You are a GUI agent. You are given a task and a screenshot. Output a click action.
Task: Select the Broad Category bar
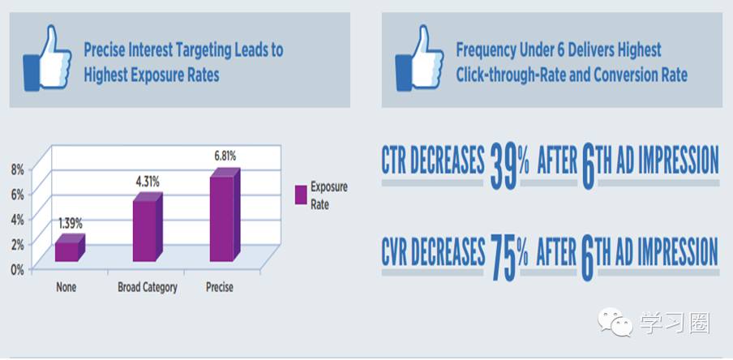click(x=148, y=227)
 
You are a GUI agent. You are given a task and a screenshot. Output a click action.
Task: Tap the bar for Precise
click(x=225, y=215)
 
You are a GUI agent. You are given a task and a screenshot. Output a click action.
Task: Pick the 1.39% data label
click(x=70, y=223)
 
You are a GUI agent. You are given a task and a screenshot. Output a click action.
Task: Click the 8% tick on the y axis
click(x=17, y=169)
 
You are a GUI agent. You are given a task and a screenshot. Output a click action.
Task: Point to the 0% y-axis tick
click(x=17, y=269)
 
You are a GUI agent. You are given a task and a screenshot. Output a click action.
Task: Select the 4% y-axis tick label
click(x=17, y=219)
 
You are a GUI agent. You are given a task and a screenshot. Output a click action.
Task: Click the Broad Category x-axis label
click(x=148, y=286)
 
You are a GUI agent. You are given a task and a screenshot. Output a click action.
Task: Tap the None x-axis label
click(x=66, y=286)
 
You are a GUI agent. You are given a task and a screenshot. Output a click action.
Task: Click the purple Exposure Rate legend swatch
click(x=301, y=195)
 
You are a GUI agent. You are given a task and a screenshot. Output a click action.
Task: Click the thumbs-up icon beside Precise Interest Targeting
click(x=47, y=58)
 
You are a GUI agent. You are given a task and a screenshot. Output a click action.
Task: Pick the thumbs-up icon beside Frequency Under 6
click(x=419, y=58)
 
